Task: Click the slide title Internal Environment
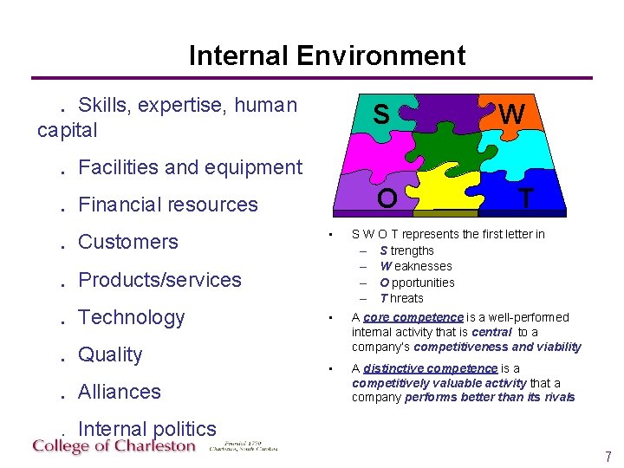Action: (327, 55)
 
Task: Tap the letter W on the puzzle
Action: (511, 114)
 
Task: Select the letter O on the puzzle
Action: (387, 198)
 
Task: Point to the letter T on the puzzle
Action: (525, 198)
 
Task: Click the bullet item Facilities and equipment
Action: (190, 167)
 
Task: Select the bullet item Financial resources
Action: (167, 205)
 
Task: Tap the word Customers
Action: (127, 242)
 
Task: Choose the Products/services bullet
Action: (159, 280)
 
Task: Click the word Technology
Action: (131, 317)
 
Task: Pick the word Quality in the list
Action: (109, 354)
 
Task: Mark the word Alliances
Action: (119, 392)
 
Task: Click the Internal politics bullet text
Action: (146, 429)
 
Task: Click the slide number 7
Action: (608, 456)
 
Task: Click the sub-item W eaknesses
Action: (415, 266)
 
